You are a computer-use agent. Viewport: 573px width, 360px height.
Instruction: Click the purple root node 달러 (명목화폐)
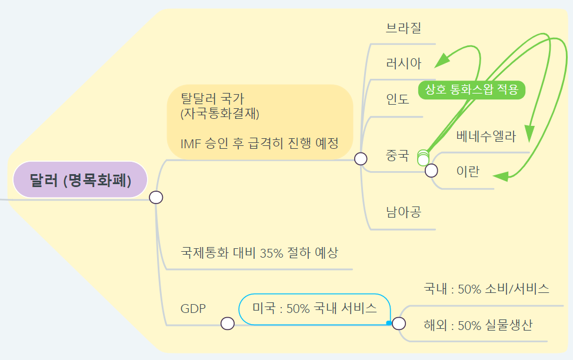80,179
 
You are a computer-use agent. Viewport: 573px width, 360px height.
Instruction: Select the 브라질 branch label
404,28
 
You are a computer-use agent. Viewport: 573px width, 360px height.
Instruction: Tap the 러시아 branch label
404,64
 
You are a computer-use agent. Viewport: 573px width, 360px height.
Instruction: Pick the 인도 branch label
398,99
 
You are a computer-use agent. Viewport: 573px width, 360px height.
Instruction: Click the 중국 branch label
397,156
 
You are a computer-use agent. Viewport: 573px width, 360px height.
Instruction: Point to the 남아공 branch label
404,212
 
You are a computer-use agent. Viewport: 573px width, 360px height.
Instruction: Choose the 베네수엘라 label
486,138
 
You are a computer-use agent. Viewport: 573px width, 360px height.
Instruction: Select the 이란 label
468,171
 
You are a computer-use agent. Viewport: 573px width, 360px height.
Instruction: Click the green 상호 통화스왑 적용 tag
471,90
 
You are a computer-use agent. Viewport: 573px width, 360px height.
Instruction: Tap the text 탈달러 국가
212,98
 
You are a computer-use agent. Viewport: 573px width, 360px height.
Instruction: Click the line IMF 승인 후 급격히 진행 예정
259,143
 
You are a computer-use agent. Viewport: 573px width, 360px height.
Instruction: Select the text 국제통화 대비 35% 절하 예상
259,253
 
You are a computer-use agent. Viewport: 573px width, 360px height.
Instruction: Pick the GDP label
193,308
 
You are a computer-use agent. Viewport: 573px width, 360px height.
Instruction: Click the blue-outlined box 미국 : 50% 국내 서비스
315,308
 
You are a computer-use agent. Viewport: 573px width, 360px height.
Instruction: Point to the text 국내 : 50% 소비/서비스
487,289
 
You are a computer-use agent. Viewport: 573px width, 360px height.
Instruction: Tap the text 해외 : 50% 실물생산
478,325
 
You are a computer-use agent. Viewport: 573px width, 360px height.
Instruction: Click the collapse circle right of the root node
156,198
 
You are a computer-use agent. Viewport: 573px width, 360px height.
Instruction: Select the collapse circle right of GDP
227,323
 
